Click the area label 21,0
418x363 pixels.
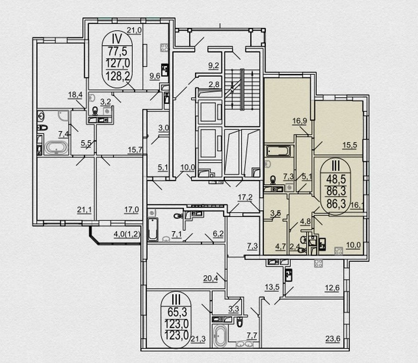(x=134, y=30)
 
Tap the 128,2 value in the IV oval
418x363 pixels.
(x=118, y=76)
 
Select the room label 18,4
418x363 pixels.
(x=75, y=95)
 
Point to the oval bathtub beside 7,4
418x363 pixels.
(x=56, y=148)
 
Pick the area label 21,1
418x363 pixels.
(x=84, y=210)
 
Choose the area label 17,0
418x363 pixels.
(x=131, y=210)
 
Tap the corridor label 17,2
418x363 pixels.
(x=245, y=197)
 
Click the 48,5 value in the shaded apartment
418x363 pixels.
(x=336, y=179)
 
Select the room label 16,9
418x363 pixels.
(x=300, y=121)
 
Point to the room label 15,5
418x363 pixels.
(x=350, y=145)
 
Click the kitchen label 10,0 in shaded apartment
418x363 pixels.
(x=353, y=245)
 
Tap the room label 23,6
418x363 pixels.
(x=333, y=339)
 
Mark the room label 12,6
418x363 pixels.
(x=332, y=288)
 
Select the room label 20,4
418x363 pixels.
(x=210, y=279)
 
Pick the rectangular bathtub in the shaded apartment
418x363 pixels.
(x=278, y=151)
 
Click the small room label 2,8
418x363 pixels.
(x=214, y=85)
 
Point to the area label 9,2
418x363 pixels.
(x=214, y=66)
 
